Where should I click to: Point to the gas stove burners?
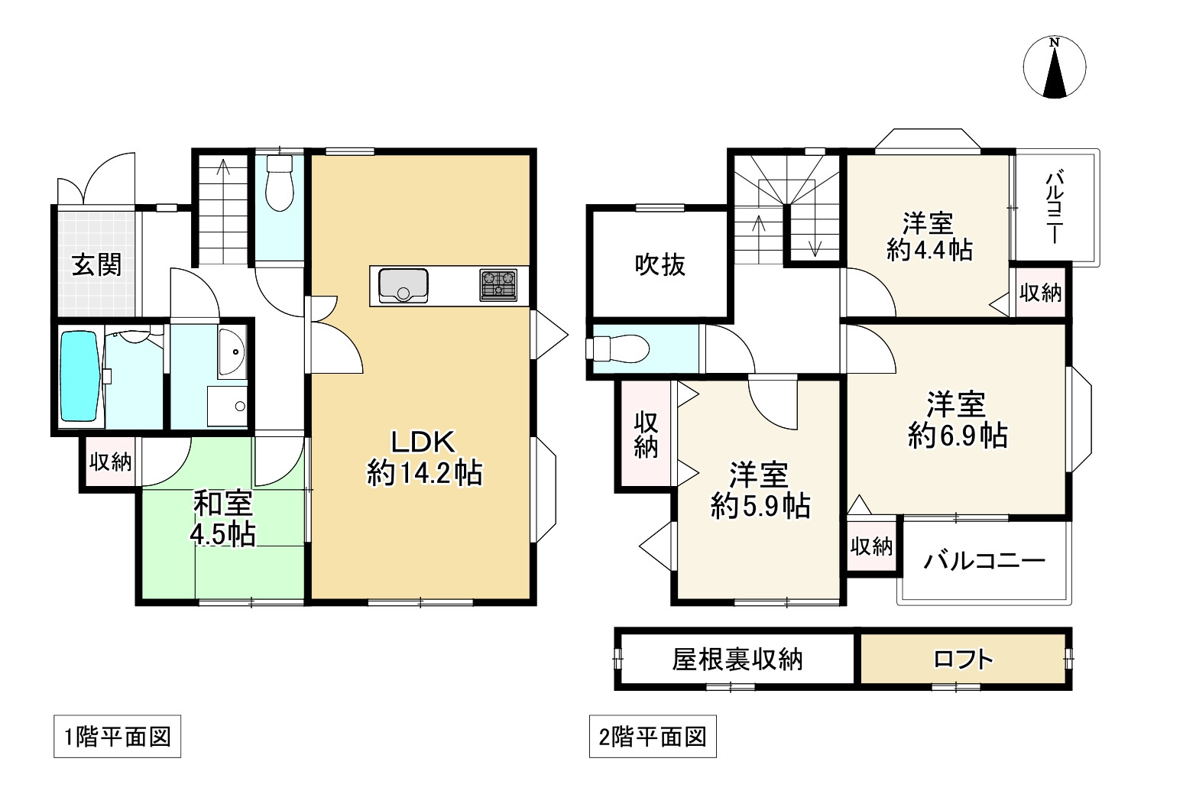(498, 285)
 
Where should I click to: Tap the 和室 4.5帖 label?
(222, 519)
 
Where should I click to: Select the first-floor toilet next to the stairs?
(278, 184)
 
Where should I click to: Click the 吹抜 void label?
(660, 264)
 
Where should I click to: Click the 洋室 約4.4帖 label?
(929, 237)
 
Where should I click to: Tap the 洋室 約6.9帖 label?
(957, 420)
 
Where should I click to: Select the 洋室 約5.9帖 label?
(759, 491)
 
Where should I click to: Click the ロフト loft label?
(963, 659)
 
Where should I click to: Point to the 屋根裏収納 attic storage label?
(737, 659)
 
